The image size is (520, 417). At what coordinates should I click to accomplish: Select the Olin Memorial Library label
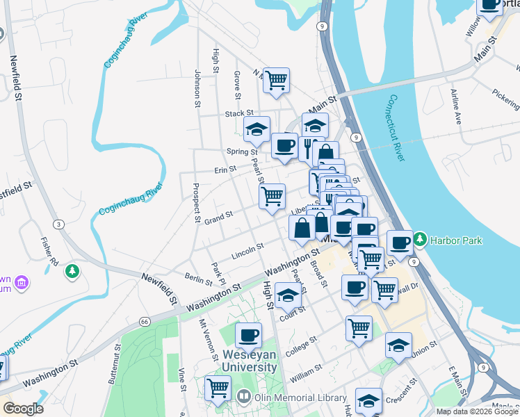[x=301, y=398]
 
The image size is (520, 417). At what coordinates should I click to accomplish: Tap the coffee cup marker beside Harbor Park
[x=400, y=243]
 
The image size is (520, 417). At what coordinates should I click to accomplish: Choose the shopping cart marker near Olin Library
[x=218, y=387]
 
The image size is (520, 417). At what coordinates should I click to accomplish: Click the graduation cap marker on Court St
[x=288, y=295]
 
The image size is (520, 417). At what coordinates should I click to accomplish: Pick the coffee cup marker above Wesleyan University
[x=248, y=335]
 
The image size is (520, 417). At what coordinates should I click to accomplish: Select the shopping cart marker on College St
[x=359, y=327]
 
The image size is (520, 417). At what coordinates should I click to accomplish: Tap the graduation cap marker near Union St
[x=398, y=345]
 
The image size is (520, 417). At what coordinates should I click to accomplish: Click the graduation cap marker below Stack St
[x=257, y=129]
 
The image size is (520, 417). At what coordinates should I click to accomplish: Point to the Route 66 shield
[x=145, y=321]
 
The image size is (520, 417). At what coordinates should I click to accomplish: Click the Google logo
[x=24, y=409]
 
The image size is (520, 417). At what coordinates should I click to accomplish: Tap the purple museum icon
[x=22, y=283]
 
